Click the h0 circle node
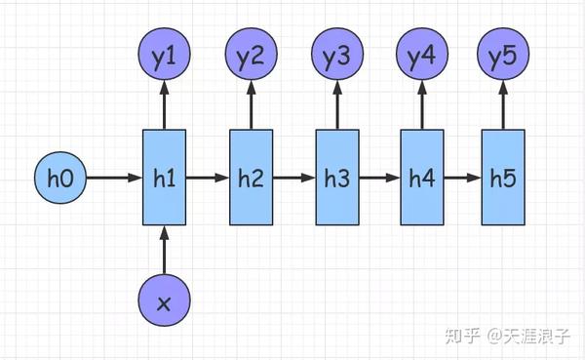point(60,180)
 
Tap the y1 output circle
point(164,58)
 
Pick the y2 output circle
point(251,58)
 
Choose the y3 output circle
point(337,58)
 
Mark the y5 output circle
point(502,58)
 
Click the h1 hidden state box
point(164,179)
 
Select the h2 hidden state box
point(251,179)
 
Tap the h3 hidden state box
point(337,179)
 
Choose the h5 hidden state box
point(502,179)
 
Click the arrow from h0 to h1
point(114,180)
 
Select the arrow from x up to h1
point(164,249)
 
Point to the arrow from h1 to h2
point(207,180)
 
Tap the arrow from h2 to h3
point(293,180)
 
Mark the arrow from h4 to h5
point(462,180)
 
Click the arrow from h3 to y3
point(337,105)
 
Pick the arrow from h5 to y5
point(502,105)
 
